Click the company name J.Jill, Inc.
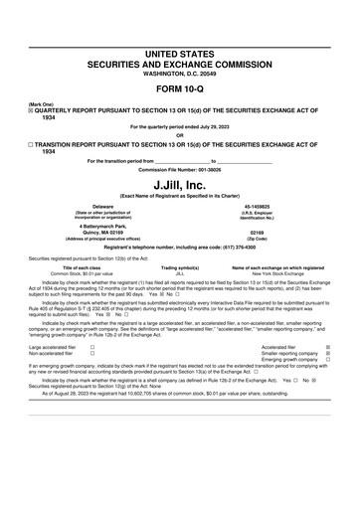click(x=180, y=185)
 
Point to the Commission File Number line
click(x=180, y=168)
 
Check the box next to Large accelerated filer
click(x=92, y=347)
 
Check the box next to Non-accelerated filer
click(x=92, y=353)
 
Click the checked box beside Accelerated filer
click(x=328, y=347)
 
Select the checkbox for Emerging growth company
click(x=328, y=360)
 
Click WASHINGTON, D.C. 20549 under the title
click(x=180, y=71)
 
